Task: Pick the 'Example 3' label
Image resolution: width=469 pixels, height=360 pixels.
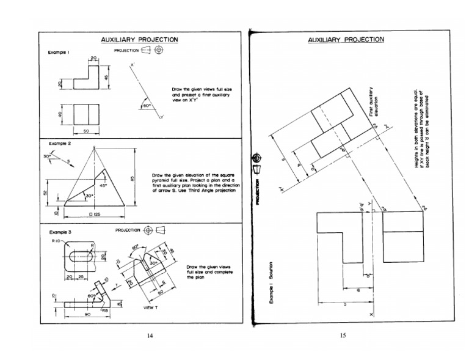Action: tap(60, 233)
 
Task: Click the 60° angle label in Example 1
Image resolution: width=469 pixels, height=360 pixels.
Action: tap(147, 106)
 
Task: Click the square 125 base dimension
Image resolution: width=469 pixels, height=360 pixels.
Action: tap(95, 216)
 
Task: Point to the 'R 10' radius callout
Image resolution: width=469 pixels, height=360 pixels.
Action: tap(57, 241)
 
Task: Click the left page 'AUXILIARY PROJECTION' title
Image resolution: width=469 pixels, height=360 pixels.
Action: tap(139, 40)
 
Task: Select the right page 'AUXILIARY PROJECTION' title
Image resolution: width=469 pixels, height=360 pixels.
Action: tap(346, 40)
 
